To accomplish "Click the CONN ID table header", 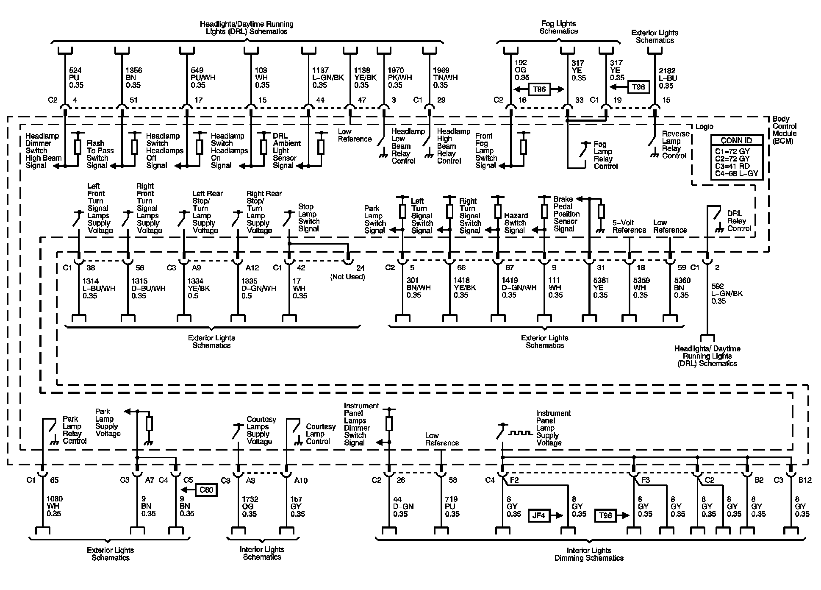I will (736, 141).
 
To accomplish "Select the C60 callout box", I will (206, 490).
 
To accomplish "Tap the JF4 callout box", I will (538, 515).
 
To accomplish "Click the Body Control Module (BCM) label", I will (784, 130).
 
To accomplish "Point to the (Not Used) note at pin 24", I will (347, 277).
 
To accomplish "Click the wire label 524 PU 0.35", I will (76, 78).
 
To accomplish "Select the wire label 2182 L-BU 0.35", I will (668, 78).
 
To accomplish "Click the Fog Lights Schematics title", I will (559, 28).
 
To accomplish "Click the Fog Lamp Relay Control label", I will (605, 155).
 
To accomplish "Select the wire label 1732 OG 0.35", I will (250, 507).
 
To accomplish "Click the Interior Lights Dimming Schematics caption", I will (589, 554).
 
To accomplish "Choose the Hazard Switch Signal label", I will (516, 223).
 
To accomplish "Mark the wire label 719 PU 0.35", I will (452, 507).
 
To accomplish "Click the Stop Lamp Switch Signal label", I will (308, 218).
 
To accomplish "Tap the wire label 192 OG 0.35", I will (522, 70).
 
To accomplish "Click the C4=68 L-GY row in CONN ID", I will (736, 173).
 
